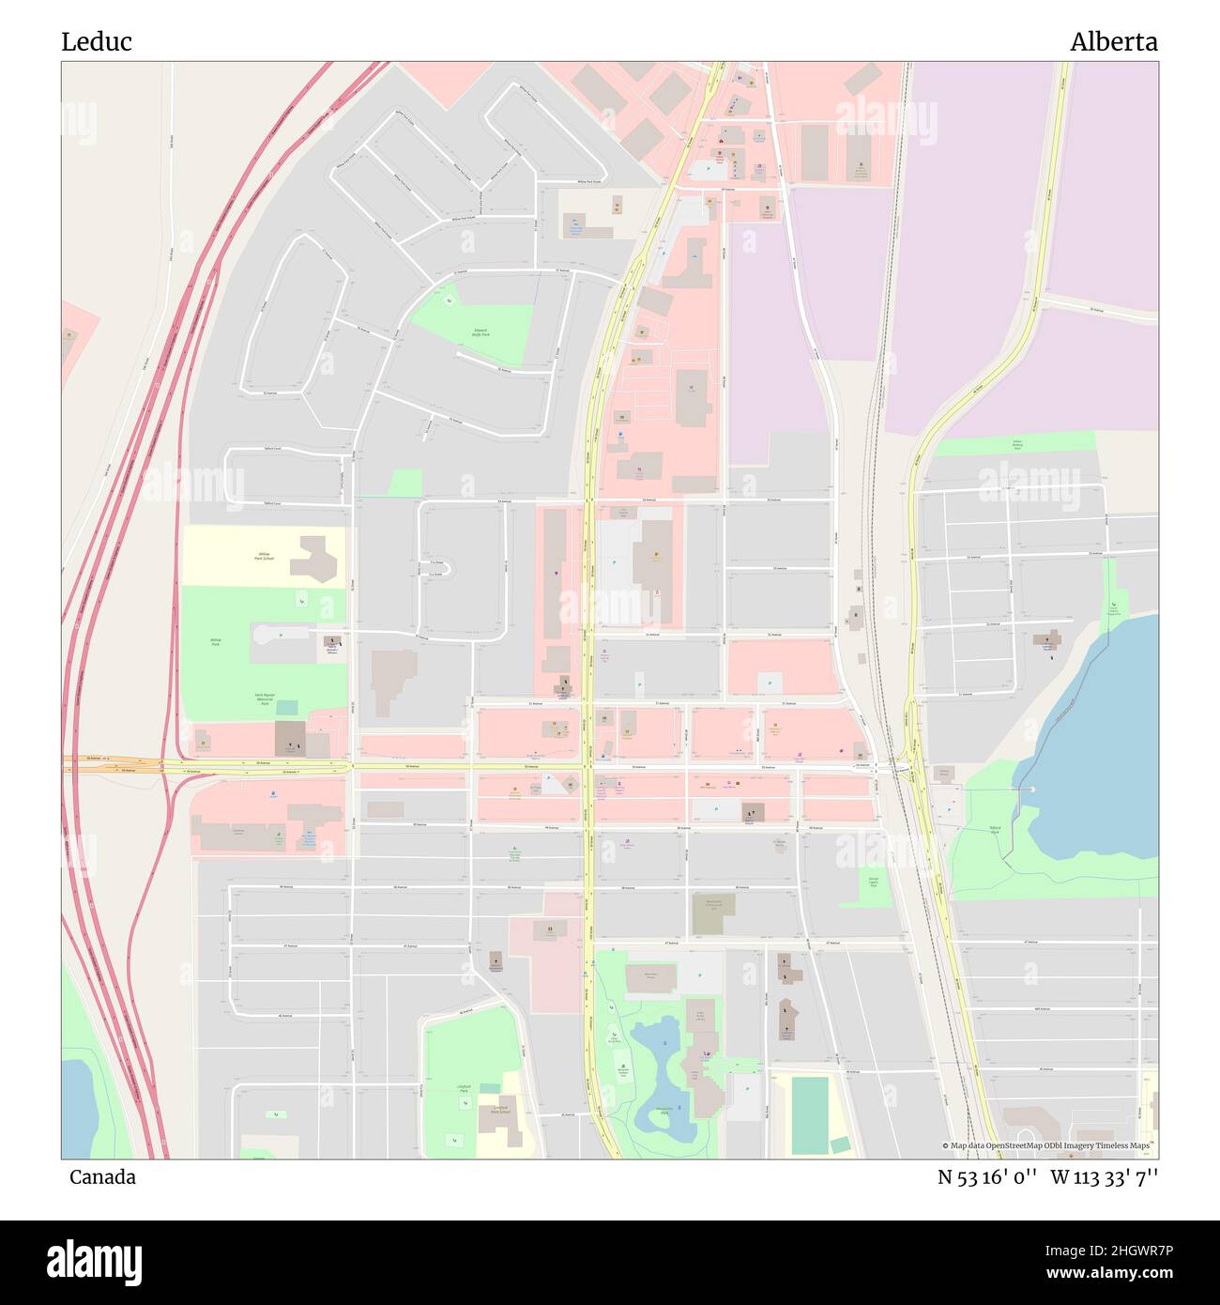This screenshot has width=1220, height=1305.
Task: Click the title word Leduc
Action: pyautogui.click(x=97, y=41)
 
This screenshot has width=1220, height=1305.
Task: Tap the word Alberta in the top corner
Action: pyautogui.click(x=1113, y=41)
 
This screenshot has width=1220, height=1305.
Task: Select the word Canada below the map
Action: pyautogui.click(x=102, y=1177)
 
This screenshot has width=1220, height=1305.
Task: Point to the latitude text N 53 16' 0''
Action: pyautogui.click(x=987, y=1177)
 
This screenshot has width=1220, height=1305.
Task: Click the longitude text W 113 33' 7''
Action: pyautogui.click(x=1104, y=1177)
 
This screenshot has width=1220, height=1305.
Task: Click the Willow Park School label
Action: pyautogui.click(x=263, y=555)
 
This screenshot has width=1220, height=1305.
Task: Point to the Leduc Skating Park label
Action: pyautogui.click(x=1017, y=444)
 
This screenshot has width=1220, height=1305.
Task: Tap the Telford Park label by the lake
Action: pyautogui.click(x=995, y=829)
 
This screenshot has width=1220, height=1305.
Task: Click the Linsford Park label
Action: pyautogui.click(x=464, y=1089)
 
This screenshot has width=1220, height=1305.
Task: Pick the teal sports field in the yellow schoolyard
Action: pyautogui.click(x=809, y=1114)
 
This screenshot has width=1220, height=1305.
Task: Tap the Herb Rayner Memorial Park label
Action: pyautogui.click(x=265, y=699)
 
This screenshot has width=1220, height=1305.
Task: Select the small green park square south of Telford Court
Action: pyautogui.click(x=405, y=483)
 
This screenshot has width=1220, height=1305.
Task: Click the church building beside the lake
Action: pyautogui.click(x=1047, y=641)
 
